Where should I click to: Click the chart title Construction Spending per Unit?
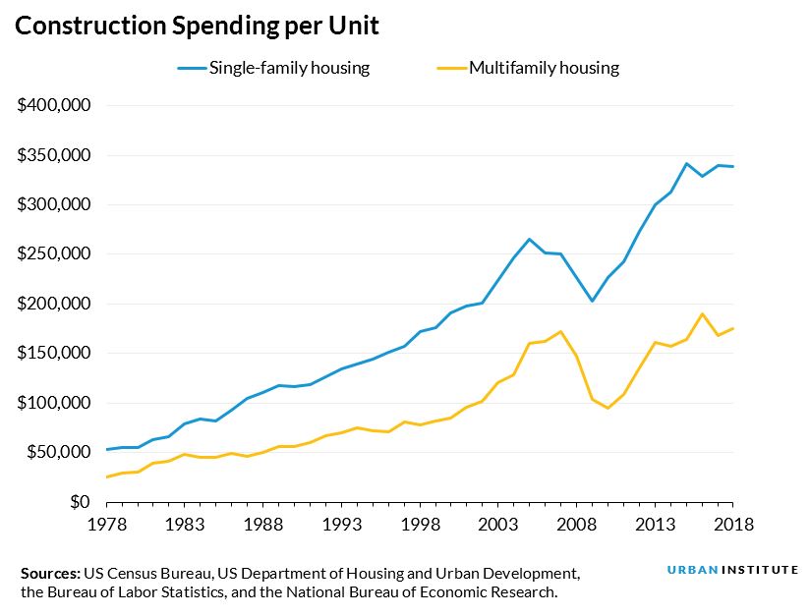pos(197,27)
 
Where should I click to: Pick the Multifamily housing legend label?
pos(544,68)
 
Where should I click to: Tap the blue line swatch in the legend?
pos(192,68)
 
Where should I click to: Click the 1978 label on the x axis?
pos(106,524)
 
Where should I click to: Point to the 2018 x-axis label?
pos(733,524)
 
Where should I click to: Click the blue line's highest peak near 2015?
pos(686,163)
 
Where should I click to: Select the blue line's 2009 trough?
pos(592,301)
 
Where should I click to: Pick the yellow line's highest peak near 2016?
pos(702,314)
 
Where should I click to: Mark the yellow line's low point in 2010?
pos(607,408)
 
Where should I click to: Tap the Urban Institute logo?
pos(732,571)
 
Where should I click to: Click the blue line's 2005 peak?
pos(529,239)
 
